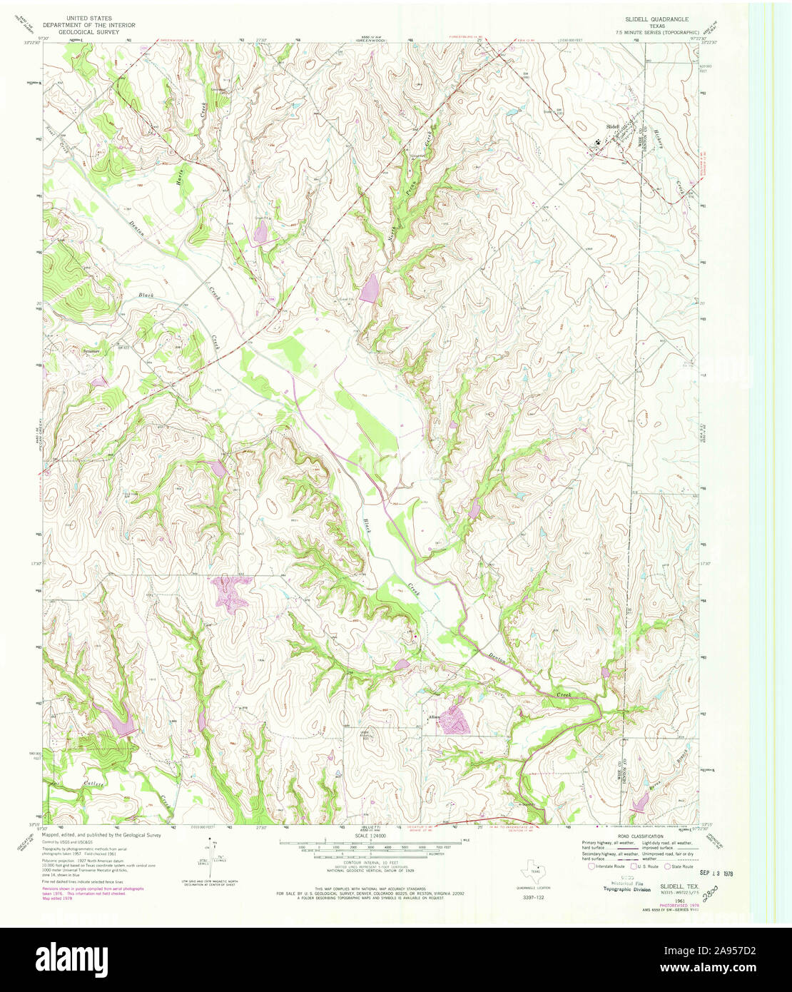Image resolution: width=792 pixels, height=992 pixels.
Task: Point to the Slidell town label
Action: (613, 126)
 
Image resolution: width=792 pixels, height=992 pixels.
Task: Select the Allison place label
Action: (435, 717)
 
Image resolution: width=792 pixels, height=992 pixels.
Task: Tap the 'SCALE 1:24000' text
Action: (370, 835)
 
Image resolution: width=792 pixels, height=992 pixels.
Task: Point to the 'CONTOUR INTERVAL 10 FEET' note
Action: (370, 862)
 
